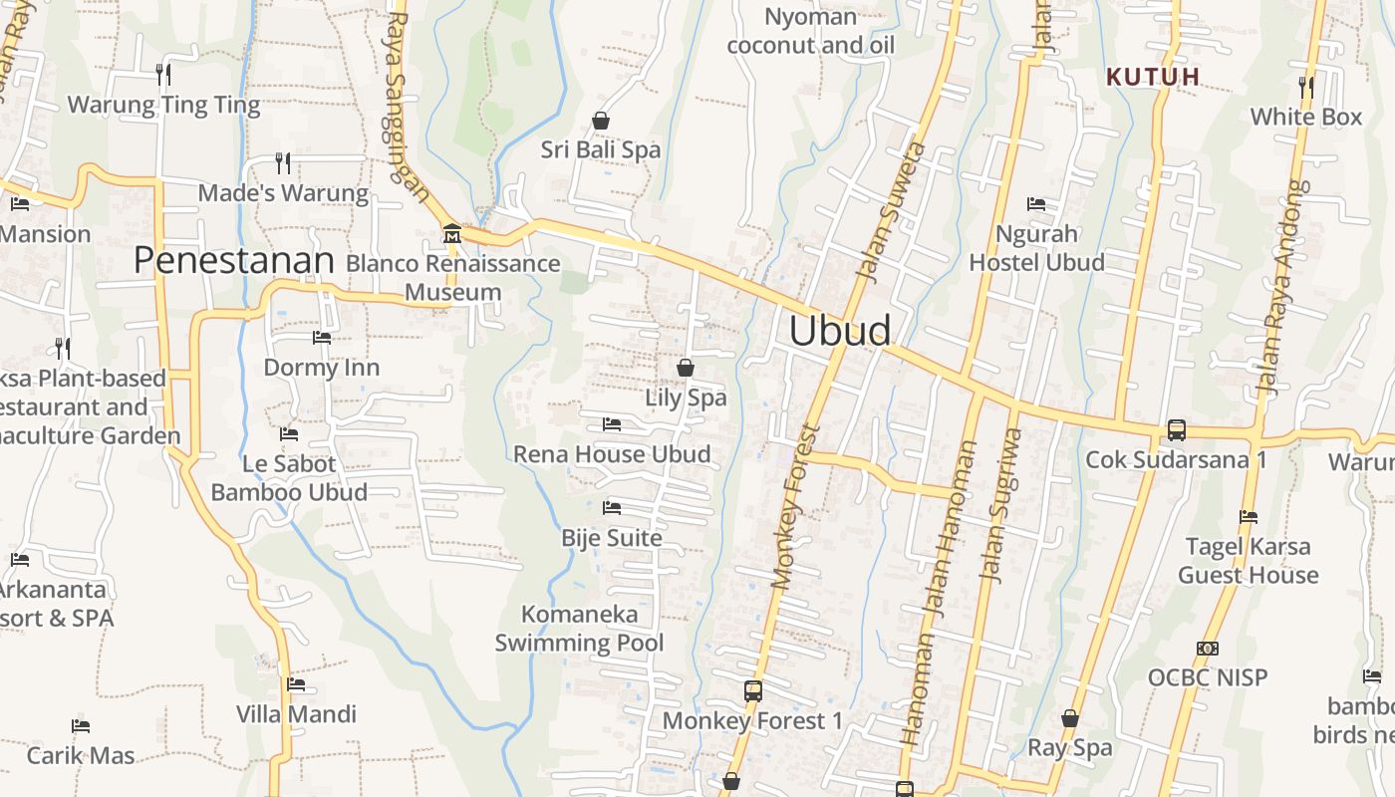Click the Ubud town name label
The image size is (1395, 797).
[840, 331]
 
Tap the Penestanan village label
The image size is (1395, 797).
[233, 260]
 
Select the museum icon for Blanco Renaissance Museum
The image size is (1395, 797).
[452, 233]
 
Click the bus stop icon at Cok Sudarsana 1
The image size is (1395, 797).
[1177, 430]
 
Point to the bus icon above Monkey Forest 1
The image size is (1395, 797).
[753, 690]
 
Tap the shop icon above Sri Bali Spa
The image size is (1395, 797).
[601, 121]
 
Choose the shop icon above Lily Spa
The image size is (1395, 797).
[686, 368]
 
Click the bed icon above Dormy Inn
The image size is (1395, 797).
[322, 338]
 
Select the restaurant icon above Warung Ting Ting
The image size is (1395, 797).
[163, 74]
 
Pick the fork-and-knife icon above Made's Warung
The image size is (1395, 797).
[283, 162]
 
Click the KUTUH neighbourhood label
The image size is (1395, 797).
[1153, 76]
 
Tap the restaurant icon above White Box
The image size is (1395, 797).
[1306, 87]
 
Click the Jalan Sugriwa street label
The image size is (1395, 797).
[1002, 504]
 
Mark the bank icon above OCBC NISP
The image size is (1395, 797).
[1208, 649]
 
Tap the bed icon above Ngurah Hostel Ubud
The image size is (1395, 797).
[1036, 204]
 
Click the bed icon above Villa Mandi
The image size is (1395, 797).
[296, 684]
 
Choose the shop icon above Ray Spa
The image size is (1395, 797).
[1070, 718]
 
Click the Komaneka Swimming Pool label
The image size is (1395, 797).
[579, 629]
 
